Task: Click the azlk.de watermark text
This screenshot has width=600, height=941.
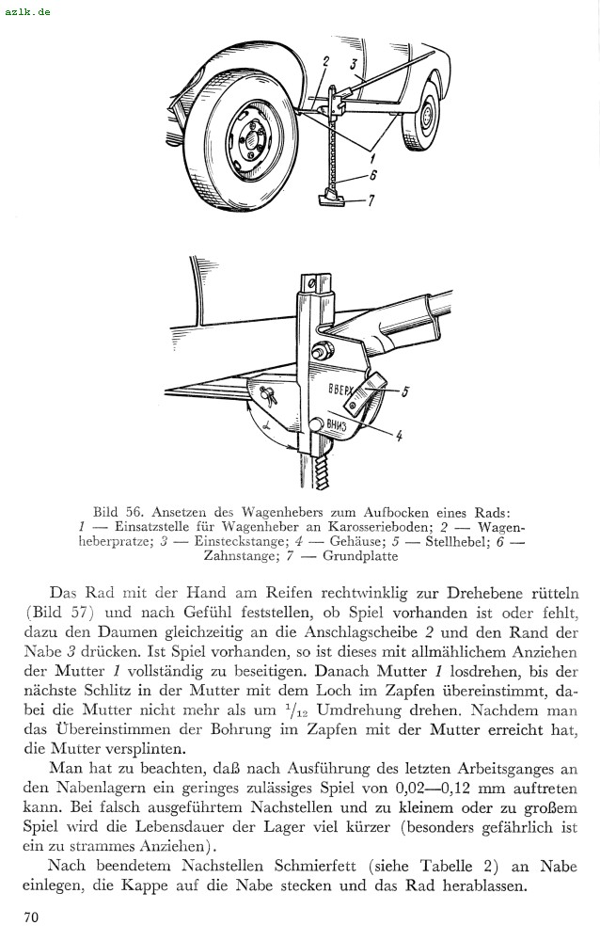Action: coord(27,11)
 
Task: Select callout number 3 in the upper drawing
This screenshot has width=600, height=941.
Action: coord(354,65)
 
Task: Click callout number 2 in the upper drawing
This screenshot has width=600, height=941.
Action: coord(324,62)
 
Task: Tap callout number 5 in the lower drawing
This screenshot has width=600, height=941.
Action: coord(404,392)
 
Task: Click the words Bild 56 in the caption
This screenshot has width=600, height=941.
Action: coord(114,513)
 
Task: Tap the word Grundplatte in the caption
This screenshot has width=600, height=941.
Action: coord(360,556)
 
